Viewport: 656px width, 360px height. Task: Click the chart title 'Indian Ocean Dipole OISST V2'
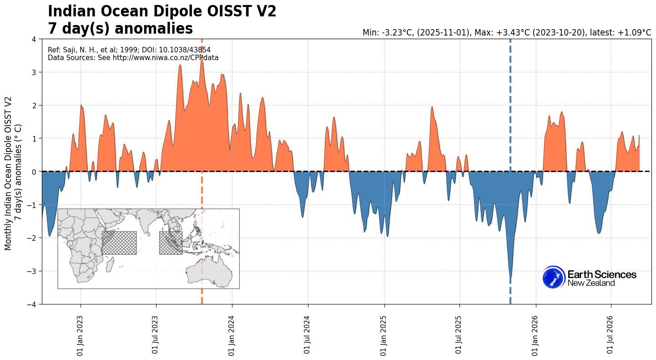click(162, 11)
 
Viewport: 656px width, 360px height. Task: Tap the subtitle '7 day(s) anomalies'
click(121, 29)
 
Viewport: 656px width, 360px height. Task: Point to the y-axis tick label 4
click(38, 39)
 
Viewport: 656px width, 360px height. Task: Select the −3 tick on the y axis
click(34, 271)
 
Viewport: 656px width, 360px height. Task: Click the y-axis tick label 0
click(38, 172)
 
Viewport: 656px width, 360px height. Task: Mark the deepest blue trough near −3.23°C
click(510, 277)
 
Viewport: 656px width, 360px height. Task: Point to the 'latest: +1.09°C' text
click(621, 32)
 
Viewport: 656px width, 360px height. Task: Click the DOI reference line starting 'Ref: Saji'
click(129, 50)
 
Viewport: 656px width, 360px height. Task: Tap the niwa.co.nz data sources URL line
click(133, 58)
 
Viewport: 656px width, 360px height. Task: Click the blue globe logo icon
click(554, 277)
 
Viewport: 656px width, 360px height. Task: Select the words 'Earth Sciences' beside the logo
click(602, 274)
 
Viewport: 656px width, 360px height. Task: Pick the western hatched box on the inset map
click(119, 243)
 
